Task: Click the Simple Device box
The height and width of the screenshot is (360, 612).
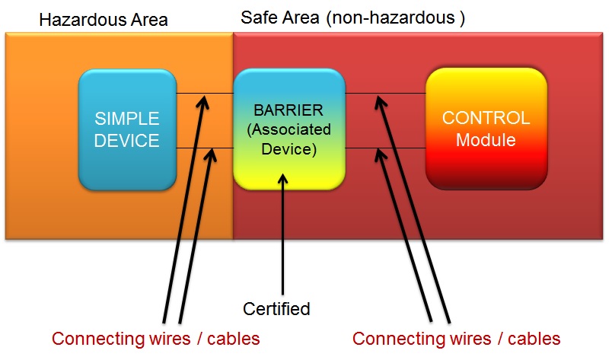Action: coord(127,129)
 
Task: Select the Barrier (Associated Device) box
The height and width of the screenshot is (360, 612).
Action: coord(288,129)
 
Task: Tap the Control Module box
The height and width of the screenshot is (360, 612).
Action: coord(486,129)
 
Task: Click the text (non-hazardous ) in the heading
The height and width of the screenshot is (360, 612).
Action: coord(395,17)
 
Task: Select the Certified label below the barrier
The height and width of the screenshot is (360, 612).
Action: coord(276,308)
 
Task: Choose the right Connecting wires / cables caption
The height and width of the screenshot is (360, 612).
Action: coord(456,338)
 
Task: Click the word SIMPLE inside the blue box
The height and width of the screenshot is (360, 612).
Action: coord(127,119)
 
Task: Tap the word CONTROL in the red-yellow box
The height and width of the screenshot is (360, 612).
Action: coord(486,118)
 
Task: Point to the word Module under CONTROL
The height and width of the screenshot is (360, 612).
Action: coord(486,140)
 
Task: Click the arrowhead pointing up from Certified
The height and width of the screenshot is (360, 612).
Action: coord(283,180)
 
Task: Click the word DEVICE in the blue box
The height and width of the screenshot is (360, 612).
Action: coord(127,141)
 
